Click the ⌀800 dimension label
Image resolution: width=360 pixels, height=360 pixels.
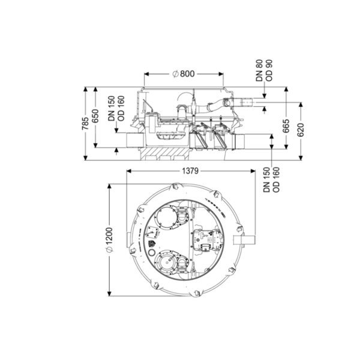click(184, 74)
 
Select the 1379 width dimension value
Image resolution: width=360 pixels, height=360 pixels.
click(190, 171)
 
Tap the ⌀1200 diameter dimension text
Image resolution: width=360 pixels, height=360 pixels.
click(109, 240)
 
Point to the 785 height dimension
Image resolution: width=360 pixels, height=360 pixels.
click(85, 124)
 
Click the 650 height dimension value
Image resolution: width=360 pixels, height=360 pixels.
click(95, 116)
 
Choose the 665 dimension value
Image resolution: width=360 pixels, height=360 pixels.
click(286, 126)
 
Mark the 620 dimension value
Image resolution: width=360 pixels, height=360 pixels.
click(301, 130)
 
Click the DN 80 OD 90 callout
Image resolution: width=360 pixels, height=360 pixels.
click(264, 70)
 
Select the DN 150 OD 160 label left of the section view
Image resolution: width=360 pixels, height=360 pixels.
click(116, 109)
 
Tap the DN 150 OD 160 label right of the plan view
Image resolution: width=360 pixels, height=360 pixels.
click(272, 180)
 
